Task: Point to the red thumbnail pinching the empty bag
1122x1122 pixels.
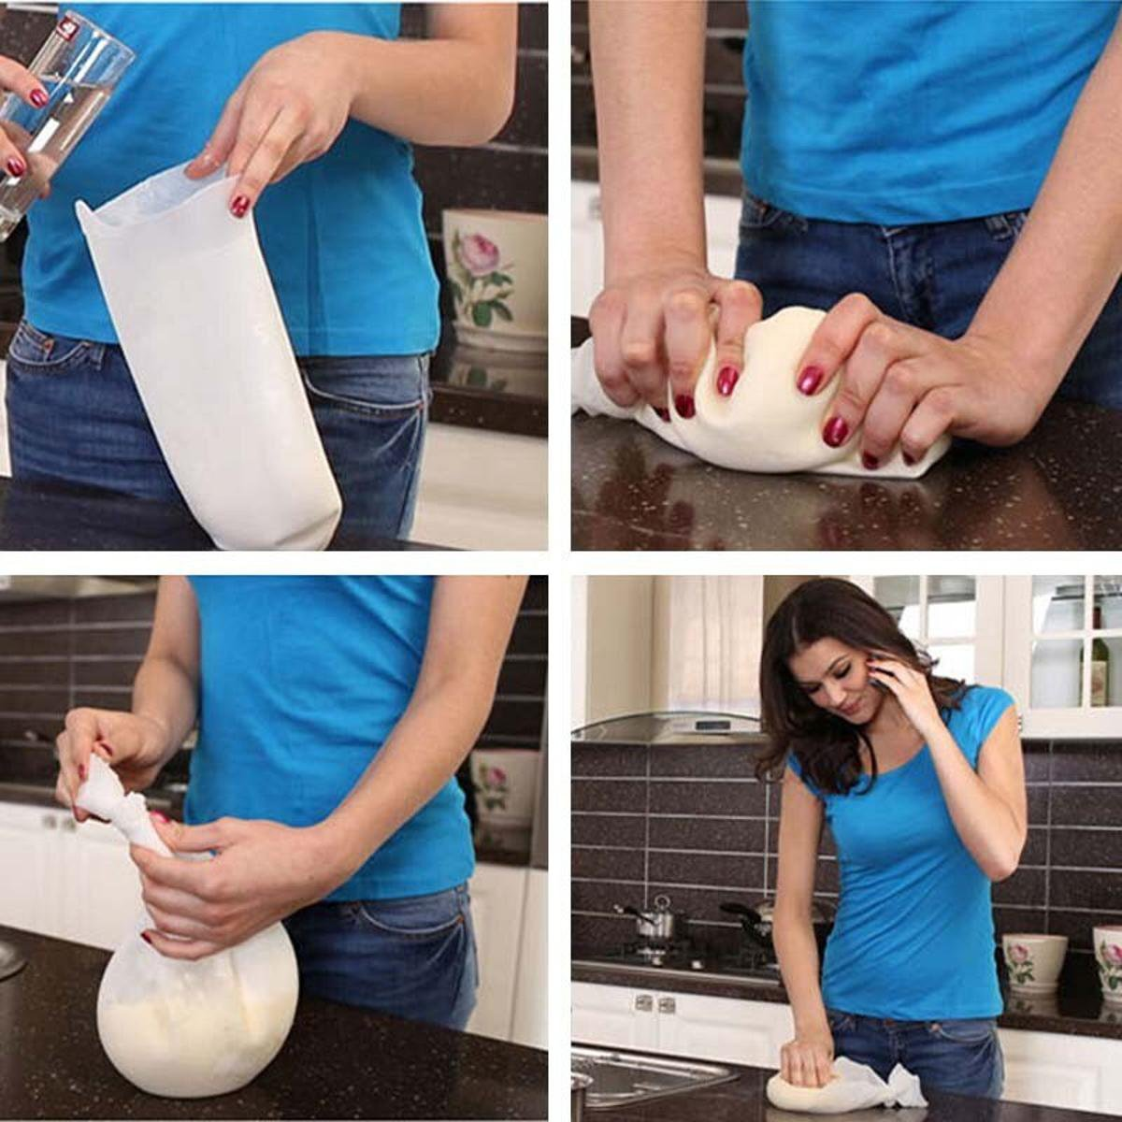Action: point(241,205)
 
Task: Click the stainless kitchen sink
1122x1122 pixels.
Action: point(636,1075)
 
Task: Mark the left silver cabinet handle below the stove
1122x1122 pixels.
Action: point(643,1003)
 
